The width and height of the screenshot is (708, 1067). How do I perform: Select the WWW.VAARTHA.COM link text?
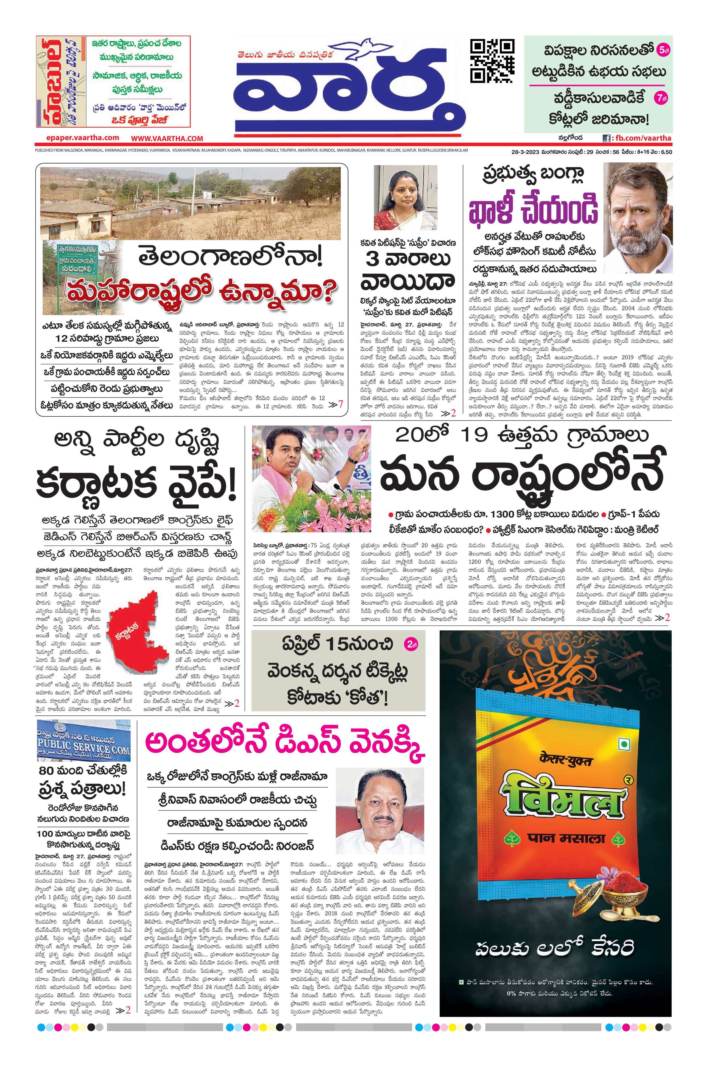coord(167,138)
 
